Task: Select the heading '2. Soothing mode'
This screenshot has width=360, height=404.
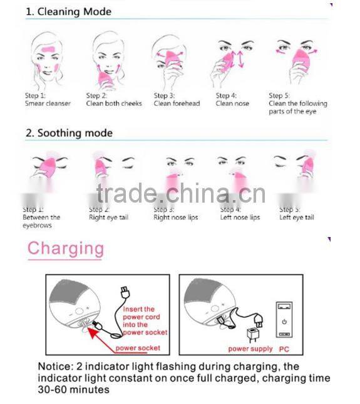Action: click(x=69, y=133)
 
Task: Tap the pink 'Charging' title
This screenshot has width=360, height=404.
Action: click(x=65, y=248)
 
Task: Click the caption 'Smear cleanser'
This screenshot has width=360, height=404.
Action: click(x=48, y=104)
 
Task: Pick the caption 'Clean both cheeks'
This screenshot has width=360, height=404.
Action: click(x=114, y=104)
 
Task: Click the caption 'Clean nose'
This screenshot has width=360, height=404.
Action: click(x=232, y=104)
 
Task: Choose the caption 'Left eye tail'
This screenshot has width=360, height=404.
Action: click(x=297, y=218)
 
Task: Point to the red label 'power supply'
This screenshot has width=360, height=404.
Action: click(x=250, y=348)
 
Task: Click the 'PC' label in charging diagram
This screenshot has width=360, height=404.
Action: click(x=284, y=348)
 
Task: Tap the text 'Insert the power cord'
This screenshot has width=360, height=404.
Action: click(x=139, y=313)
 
